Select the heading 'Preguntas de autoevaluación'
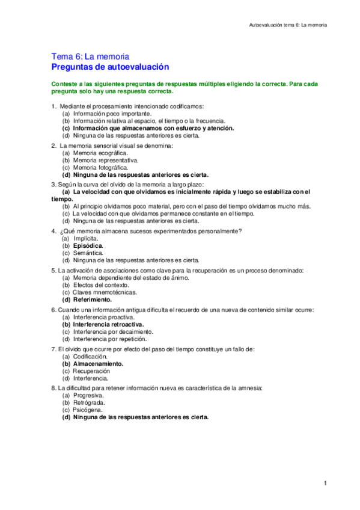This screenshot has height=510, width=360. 110,67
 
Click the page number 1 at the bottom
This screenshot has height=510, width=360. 325,483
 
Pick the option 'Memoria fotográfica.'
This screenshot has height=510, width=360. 100,168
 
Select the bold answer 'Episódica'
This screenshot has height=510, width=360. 88,246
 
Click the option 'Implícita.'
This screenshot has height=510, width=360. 85,239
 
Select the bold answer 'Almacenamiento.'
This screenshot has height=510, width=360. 98,364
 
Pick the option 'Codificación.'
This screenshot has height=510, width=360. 90,357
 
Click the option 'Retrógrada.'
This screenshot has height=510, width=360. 90,403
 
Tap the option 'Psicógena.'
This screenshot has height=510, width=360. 89,410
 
